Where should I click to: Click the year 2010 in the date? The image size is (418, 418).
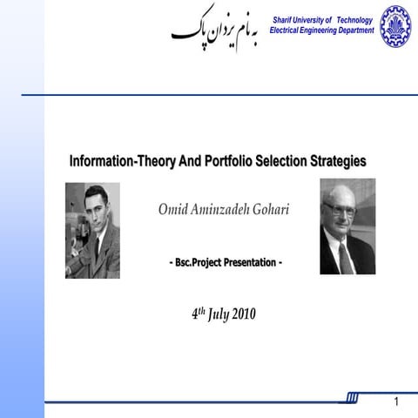pyautogui.click(x=243, y=314)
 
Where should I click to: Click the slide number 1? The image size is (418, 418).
pyautogui.click(x=396, y=402)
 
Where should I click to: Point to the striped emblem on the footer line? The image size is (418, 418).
pyautogui.click(x=352, y=398)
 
